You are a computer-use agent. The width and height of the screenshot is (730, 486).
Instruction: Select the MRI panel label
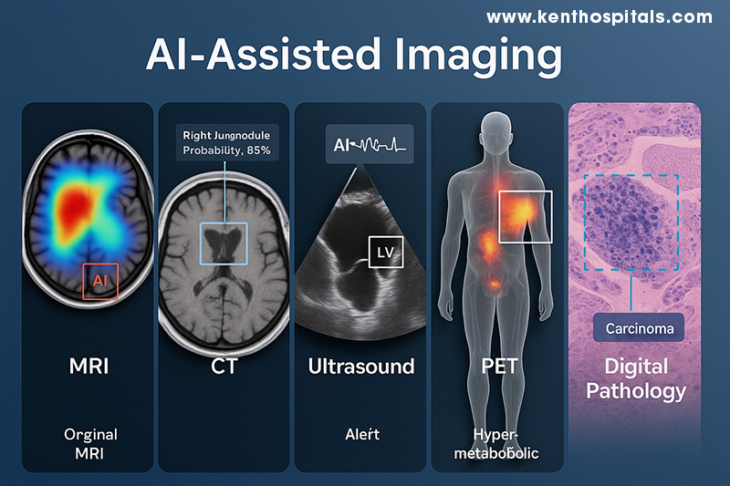click(x=88, y=367)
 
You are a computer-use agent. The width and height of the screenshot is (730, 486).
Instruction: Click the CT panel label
click(x=224, y=367)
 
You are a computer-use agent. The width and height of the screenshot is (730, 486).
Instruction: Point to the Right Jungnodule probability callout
click(x=227, y=142)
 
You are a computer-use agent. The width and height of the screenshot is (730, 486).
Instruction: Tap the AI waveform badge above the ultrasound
click(x=369, y=145)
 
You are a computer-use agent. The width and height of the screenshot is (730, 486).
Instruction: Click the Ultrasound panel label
click(x=361, y=367)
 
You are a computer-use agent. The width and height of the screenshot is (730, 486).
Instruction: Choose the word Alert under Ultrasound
click(x=361, y=435)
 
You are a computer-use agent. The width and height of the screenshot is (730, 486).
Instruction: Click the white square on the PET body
click(x=526, y=218)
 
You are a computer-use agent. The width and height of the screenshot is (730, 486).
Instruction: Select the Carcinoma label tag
click(x=633, y=327)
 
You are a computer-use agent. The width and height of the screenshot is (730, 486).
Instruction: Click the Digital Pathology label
click(x=635, y=379)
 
